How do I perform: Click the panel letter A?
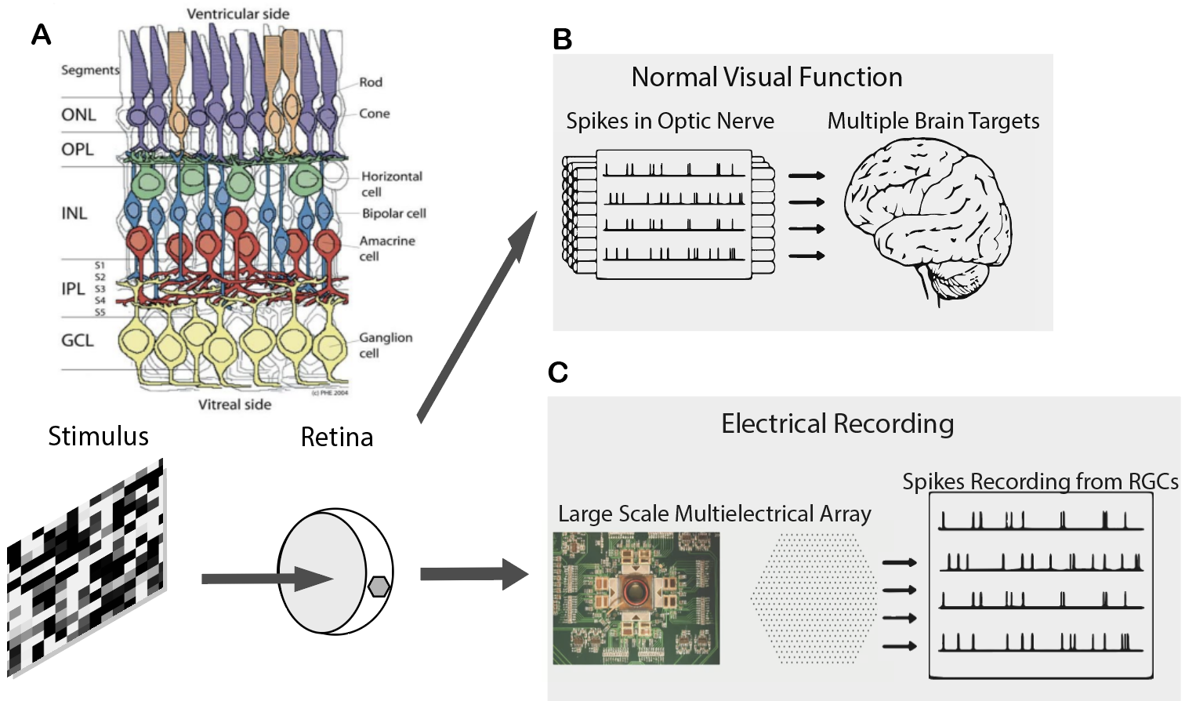[x=41, y=35]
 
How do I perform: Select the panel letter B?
[x=562, y=39]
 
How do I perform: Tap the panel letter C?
[x=558, y=372]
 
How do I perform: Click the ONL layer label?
[x=78, y=115]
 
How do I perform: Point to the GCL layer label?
[x=77, y=340]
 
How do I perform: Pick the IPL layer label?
[x=73, y=289]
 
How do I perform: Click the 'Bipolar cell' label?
[x=393, y=213]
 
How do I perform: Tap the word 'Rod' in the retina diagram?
[x=371, y=82]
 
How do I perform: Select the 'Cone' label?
[x=374, y=114]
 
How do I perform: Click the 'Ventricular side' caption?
[x=237, y=14]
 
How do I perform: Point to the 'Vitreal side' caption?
[x=234, y=405]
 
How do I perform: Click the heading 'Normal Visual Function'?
[x=766, y=77]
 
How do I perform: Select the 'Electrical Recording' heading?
[x=837, y=423]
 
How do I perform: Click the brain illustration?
[x=929, y=220]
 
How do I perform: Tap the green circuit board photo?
[x=636, y=598]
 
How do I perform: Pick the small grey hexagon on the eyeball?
[x=379, y=586]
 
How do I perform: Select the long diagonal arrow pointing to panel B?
[x=477, y=317]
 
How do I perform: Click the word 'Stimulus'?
[x=98, y=436]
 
